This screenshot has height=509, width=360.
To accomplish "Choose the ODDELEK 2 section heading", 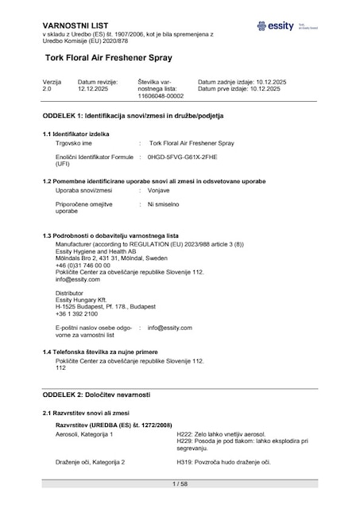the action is [x=96, y=395].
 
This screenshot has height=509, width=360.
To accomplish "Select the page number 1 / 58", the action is [x=180, y=484].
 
